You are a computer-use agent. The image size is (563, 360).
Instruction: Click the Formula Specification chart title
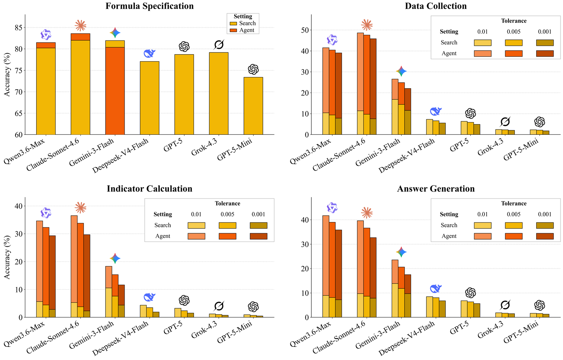(x=150, y=6)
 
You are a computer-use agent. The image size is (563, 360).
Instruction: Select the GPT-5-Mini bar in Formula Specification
(x=253, y=106)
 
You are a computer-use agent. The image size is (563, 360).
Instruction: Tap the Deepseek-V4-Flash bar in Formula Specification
(x=150, y=98)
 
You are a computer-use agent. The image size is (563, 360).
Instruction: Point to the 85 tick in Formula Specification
(x=18, y=27)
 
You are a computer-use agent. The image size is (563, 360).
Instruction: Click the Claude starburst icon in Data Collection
(x=367, y=25)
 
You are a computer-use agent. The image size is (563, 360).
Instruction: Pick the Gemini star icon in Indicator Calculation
(x=115, y=258)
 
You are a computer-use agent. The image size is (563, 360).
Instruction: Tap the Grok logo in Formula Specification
(x=219, y=45)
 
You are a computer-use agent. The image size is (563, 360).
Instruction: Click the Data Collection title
(x=436, y=6)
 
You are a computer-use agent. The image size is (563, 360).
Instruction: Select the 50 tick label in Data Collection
(x=305, y=30)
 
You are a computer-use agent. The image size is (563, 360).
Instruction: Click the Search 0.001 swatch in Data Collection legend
(x=545, y=43)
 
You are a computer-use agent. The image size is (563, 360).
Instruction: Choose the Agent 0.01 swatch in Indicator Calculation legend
(x=196, y=236)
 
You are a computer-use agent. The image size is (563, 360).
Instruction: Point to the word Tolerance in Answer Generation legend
(x=514, y=203)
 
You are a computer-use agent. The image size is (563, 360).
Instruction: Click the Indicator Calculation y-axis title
(x=7, y=257)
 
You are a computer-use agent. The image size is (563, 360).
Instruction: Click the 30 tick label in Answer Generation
(x=305, y=244)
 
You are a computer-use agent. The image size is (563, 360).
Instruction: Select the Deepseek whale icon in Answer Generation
(x=436, y=288)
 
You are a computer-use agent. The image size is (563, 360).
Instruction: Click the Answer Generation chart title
(x=436, y=189)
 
